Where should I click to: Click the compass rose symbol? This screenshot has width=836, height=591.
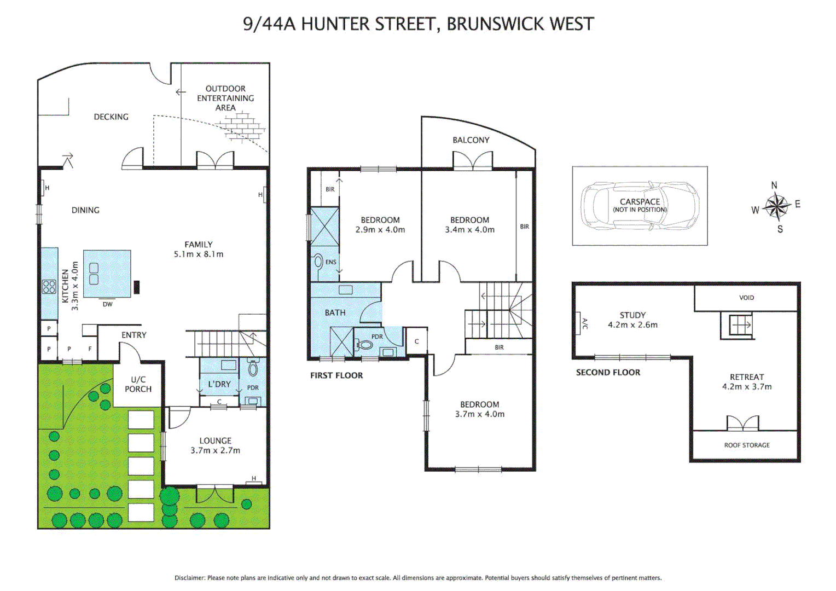(x=776, y=207)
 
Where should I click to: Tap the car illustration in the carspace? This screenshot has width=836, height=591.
(x=639, y=206)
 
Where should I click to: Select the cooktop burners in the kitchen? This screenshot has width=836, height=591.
(x=49, y=287)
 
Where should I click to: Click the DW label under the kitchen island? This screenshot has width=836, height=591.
(x=107, y=304)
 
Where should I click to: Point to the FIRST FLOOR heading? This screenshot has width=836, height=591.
(x=336, y=375)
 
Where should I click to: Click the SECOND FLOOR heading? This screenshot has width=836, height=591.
(x=607, y=373)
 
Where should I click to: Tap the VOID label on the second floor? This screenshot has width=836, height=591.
(x=746, y=298)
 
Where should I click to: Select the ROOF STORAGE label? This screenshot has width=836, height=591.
(x=746, y=445)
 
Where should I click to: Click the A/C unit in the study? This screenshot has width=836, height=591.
(x=578, y=323)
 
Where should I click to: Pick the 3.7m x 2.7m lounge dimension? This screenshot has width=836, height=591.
(x=215, y=451)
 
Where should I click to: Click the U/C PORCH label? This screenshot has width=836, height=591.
(x=138, y=384)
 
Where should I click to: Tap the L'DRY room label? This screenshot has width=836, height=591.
(x=219, y=384)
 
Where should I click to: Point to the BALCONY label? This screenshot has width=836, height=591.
(x=471, y=140)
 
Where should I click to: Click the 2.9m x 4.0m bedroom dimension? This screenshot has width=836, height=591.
(x=380, y=230)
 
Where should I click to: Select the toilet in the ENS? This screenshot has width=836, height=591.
(x=318, y=262)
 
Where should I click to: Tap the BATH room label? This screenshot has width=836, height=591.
(x=335, y=313)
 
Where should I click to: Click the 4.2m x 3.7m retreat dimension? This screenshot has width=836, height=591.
(x=746, y=387)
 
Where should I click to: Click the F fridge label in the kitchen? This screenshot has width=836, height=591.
(x=90, y=349)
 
